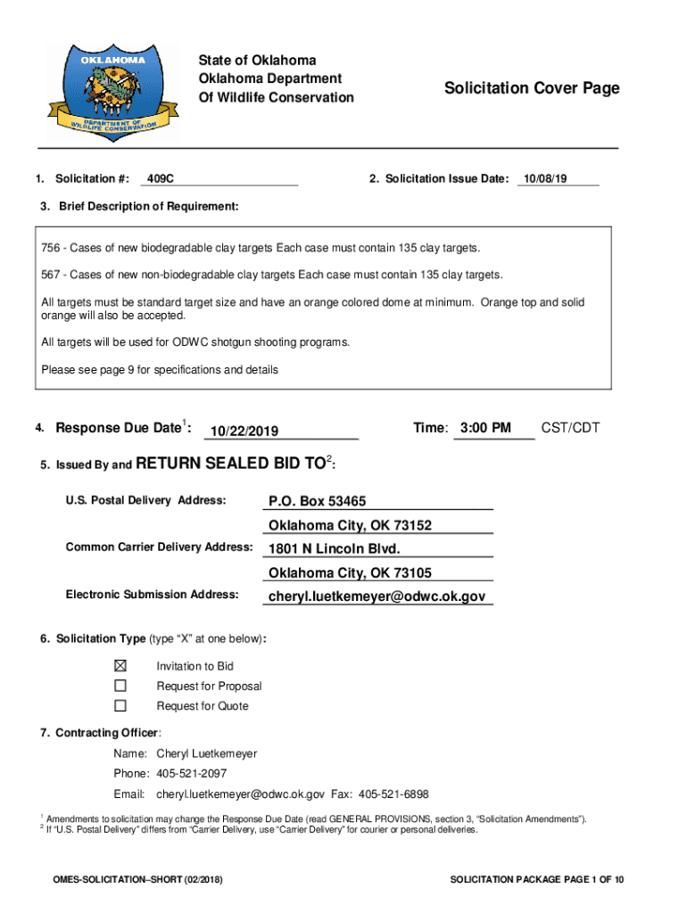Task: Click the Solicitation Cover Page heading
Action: (x=532, y=88)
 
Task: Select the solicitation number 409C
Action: (x=161, y=179)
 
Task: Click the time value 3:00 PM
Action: (x=485, y=429)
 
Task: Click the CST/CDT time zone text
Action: (x=570, y=429)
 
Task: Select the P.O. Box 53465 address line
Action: (x=317, y=501)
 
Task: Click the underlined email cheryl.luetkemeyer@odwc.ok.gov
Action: (x=377, y=596)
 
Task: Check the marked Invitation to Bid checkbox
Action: (x=120, y=666)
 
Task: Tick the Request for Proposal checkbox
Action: (x=120, y=686)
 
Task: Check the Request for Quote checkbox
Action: (x=120, y=705)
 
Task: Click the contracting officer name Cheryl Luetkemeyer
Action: (x=206, y=753)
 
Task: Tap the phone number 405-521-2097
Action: (x=191, y=774)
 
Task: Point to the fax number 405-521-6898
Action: (x=393, y=794)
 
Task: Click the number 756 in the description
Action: (x=52, y=247)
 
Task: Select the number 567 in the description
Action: (x=52, y=274)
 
